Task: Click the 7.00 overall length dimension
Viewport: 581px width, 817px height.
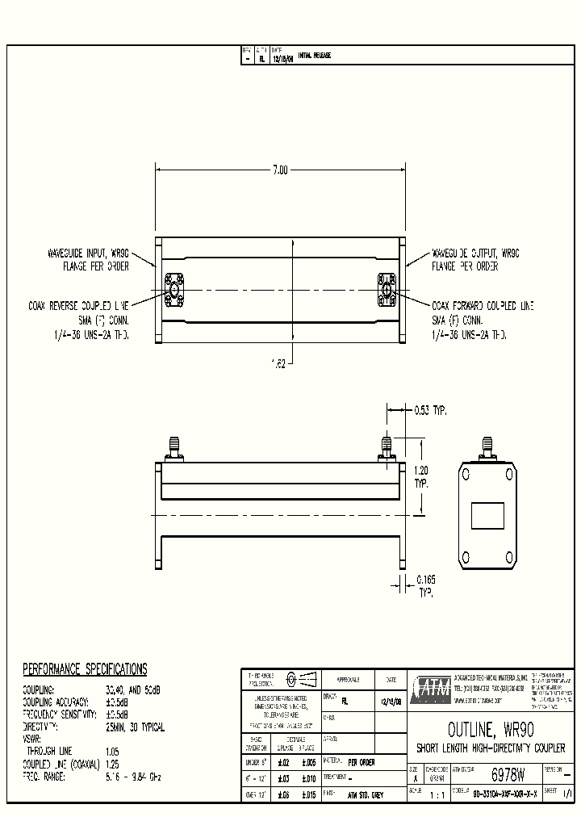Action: (280, 170)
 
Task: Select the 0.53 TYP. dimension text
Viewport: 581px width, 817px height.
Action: (429, 410)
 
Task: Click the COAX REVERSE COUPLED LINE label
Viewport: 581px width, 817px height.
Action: (77, 306)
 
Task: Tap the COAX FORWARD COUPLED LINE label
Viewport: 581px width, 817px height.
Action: (483, 306)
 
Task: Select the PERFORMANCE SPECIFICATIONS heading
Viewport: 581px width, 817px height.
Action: (85, 669)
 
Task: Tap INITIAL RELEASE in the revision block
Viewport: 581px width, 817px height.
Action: (315, 56)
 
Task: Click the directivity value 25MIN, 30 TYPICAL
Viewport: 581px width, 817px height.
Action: (136, 727)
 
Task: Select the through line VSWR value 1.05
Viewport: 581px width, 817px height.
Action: (113, 751)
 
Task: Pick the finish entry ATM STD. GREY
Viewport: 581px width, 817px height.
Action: (367, 794)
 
